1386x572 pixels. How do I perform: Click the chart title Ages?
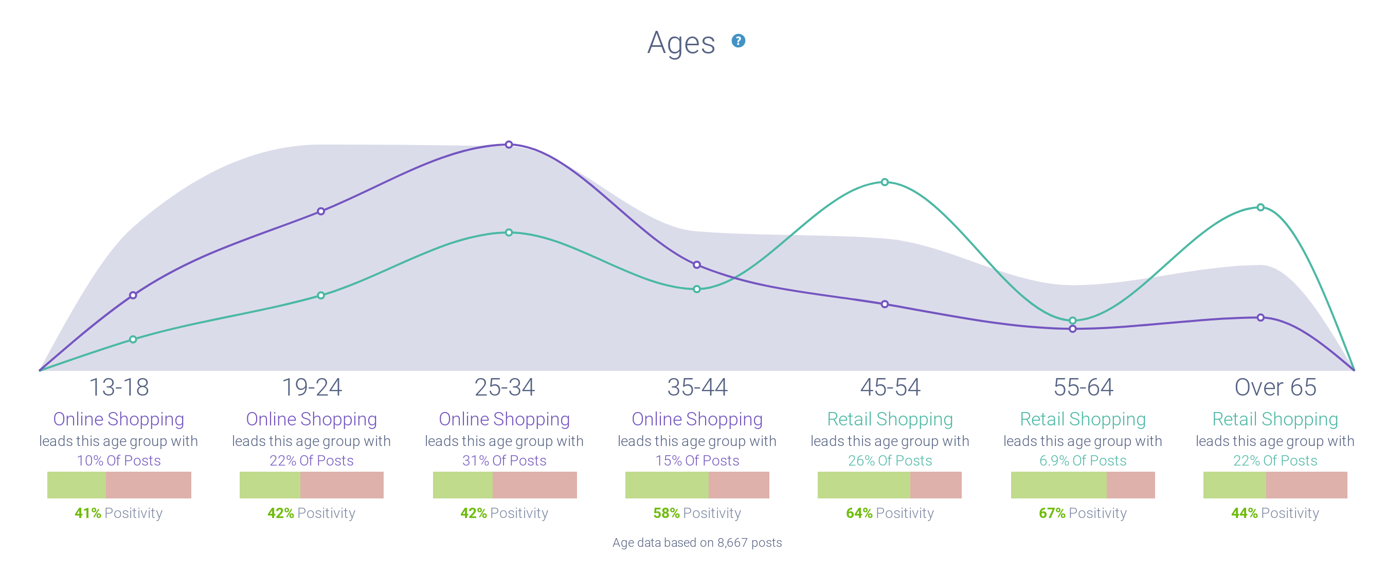680,43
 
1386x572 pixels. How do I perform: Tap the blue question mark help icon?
738,41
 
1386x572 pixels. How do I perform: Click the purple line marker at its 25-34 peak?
509,145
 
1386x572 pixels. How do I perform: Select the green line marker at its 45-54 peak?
885,183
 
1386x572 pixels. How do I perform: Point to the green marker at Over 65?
1260,207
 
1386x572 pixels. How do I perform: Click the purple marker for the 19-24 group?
321,211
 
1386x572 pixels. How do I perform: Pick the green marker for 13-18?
133,339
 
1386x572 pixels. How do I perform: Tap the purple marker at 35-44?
696,265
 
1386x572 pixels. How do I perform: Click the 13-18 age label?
118,387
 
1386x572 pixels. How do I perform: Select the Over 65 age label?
1274,387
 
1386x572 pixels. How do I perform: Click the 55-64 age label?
1083,387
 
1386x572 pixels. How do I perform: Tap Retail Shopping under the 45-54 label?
889,419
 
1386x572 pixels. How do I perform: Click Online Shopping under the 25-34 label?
503,419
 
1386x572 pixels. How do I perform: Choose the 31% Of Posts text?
503,460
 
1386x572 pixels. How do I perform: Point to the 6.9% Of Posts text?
1083,460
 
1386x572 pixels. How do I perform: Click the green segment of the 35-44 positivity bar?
666,485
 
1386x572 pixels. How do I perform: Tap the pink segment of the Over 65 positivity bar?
1306,485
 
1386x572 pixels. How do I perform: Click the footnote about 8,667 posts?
697,542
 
